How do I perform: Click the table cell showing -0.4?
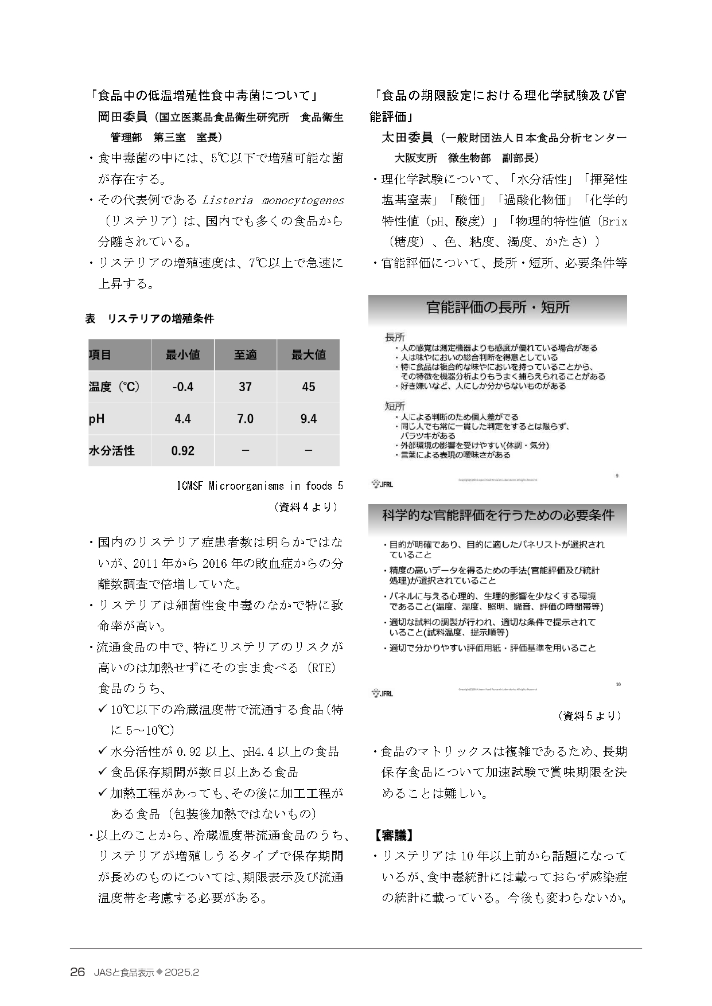coord(182,387)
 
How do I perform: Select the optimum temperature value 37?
coord(245,387)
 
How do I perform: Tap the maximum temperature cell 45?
coord(308,387)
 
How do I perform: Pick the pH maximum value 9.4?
coord(308,419)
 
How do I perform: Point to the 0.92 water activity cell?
coord(182,451)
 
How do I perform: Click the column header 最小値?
coord(182,355)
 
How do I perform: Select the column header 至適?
coord(245,355)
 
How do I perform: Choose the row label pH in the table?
coord(97,419)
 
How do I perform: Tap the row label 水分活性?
coord(112,451)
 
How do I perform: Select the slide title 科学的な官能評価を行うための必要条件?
coord(498,515)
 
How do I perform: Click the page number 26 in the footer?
coord(77,973)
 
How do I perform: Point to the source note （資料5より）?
coord(589,716)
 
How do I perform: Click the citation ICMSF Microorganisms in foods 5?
coord(260,486)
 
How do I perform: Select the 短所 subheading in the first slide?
coord(395,406)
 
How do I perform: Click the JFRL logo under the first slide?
coord(382,483)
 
